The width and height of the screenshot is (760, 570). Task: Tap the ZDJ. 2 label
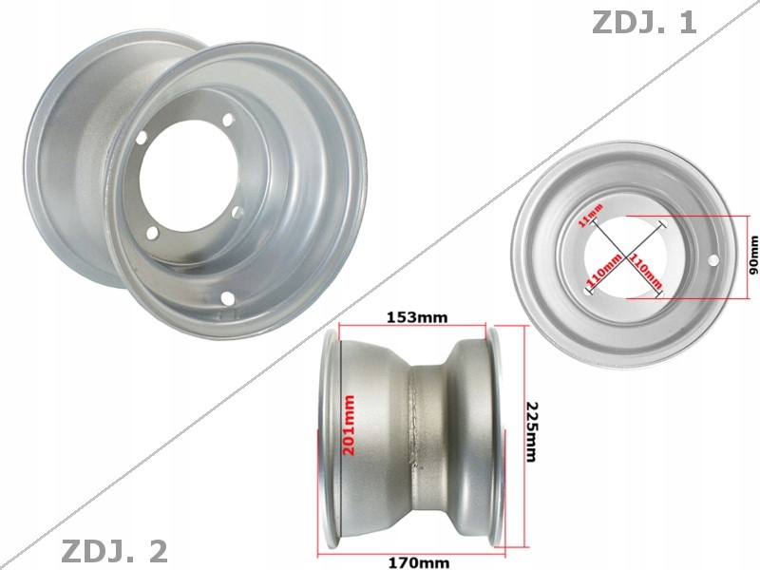114,550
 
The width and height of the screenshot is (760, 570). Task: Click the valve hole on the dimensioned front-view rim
712,258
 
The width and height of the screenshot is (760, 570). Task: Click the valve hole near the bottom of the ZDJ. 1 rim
228,299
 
